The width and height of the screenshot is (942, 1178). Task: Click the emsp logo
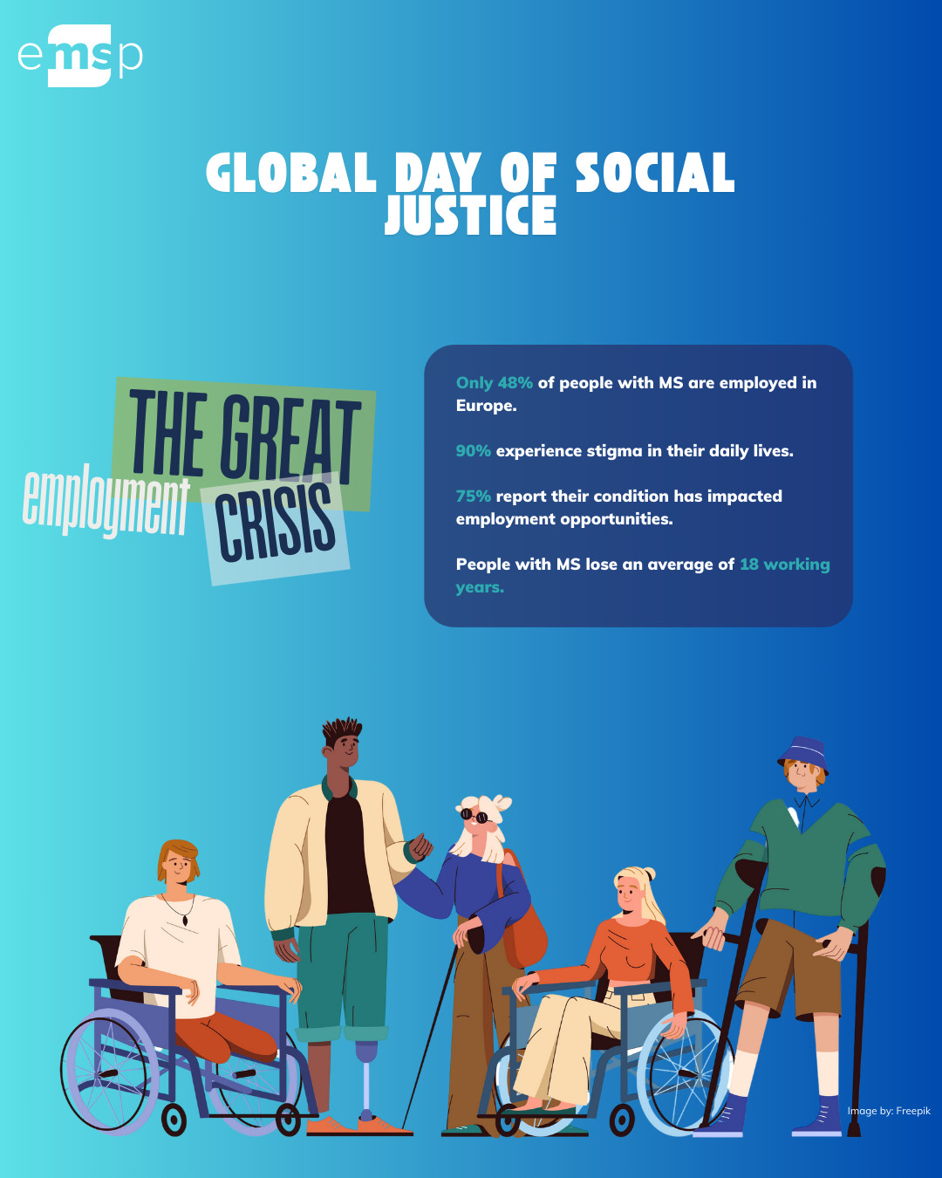[x=80, y=56]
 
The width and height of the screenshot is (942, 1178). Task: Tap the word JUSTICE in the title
[x=471, y=215]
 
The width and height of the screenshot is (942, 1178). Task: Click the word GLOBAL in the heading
[x=291, y=172]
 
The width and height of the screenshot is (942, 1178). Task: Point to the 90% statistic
[x=474, y=450]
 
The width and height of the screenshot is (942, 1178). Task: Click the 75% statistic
[x=474, y=496]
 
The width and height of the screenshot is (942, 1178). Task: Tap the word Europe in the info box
[x=486, y=406]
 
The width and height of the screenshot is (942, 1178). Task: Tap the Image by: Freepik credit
[x=889, y=1111]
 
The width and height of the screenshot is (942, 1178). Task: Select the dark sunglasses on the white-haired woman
[x=474, y=816]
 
